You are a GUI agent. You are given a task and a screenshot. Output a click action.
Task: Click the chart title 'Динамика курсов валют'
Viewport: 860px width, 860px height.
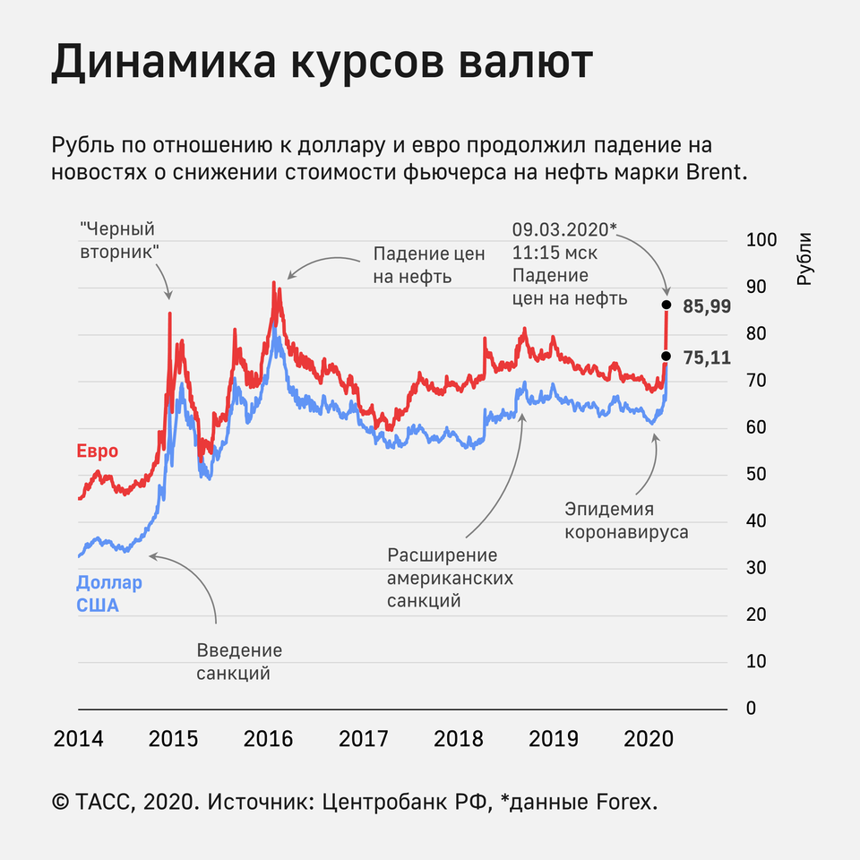pyautogui.click(x=322, y=64)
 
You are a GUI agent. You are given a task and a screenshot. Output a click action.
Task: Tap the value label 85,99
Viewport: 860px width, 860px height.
pyautogui.click(x=707, y=306)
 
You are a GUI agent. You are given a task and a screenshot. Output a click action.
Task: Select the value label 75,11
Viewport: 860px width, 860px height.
pyautogui.click(x=707, y=357)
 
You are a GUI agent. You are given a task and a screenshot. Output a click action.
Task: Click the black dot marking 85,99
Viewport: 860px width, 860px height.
pyautogui.click(x=666, y=305)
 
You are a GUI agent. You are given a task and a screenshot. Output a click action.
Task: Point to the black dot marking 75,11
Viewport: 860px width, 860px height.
pyautogui.click(x=666, y=356)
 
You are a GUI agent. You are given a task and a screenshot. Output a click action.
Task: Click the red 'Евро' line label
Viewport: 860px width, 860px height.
pyautogui.click(x=97, y=451)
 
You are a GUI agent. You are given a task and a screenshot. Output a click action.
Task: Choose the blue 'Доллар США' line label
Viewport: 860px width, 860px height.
pyautogui.click(x=108, y=594)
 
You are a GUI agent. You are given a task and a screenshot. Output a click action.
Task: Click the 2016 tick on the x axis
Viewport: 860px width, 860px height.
pyautogui.click(x=268, y=740)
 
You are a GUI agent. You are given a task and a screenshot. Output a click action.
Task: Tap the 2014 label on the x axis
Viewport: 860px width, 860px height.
pyautogui.click(x=78, y=740)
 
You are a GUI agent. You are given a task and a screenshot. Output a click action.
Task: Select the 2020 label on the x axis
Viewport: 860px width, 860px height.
pyautogui.click(x=649, y=740)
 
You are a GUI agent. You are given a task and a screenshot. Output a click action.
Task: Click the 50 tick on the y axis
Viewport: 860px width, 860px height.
pyautogui.click(x=757, y=475)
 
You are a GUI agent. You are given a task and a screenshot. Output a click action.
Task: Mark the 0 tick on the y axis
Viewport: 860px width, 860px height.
pyautogui.click(x=752, y=709)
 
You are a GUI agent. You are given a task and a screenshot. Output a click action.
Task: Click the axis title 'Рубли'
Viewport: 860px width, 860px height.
pyautogui.click(x=804, y=259)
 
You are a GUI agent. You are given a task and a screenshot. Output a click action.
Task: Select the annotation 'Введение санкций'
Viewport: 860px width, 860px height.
pyautogui.click(x=239, y=661)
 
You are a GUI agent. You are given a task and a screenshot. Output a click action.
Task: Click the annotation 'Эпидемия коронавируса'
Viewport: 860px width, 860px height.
pyautogui.click(x=626, y=520)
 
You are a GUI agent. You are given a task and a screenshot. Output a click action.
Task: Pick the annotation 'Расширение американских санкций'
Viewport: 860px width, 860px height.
pyautogui.click(x=450, y=578)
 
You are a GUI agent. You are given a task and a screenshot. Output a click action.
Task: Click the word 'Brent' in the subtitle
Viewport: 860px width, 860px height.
pyautogui.click(x=713, y=173)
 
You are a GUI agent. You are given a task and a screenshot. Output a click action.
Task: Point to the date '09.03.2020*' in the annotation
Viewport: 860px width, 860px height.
pyautogui.click(x=563, y=229)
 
